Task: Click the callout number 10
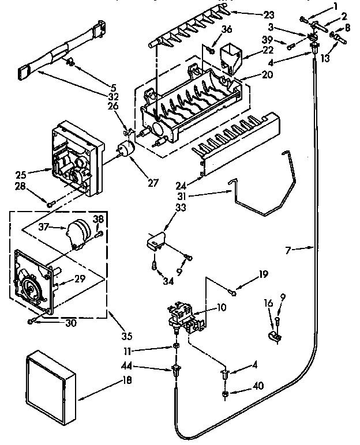222,308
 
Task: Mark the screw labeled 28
50,201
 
